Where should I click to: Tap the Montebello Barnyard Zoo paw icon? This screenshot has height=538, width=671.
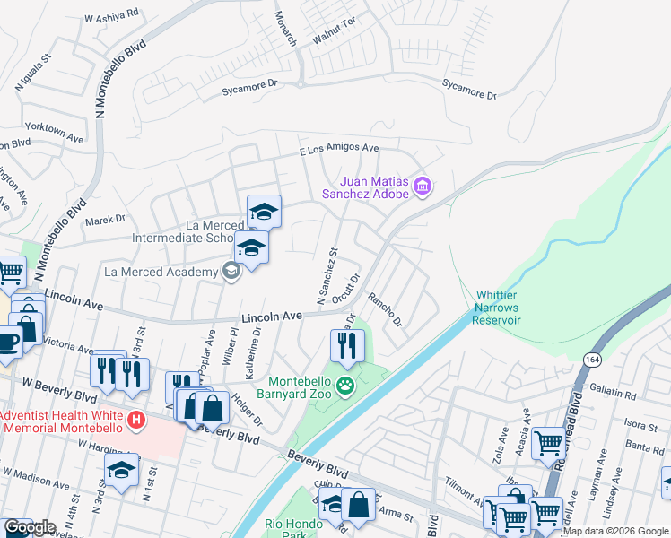coord(346,387)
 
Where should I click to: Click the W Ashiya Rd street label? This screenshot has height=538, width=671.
coord(111,16)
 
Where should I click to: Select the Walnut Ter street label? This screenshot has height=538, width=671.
coord(333,44)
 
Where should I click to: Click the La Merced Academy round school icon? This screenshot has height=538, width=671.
coord(231,271)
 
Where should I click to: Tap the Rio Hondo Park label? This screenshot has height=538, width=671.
coord(290,529)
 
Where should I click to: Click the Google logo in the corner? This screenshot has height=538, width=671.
coord(30,527)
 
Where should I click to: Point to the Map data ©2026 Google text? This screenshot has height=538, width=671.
coord(615,531)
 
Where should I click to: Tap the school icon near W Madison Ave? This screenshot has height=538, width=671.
coord(121,471)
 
